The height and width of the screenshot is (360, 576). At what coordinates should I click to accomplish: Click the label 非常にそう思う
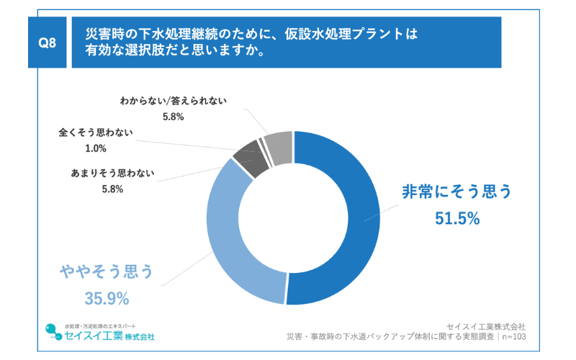tap(456, 192)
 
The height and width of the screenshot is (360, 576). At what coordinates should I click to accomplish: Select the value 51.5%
tap(457, 218)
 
